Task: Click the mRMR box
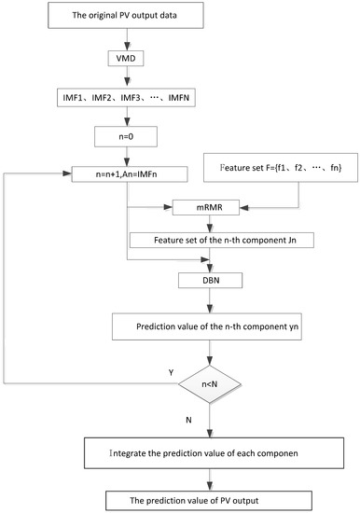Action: pyautogui.click(x=212, y=207)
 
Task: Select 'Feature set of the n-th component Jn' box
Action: pyautogui.click(x=211, y=239)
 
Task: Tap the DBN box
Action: pyautogui.click(x=211, y=279)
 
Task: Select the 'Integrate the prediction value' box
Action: pyautogui.click(x=213, y=457)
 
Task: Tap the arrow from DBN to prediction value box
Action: pyautogui.click(x=211, y=300)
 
